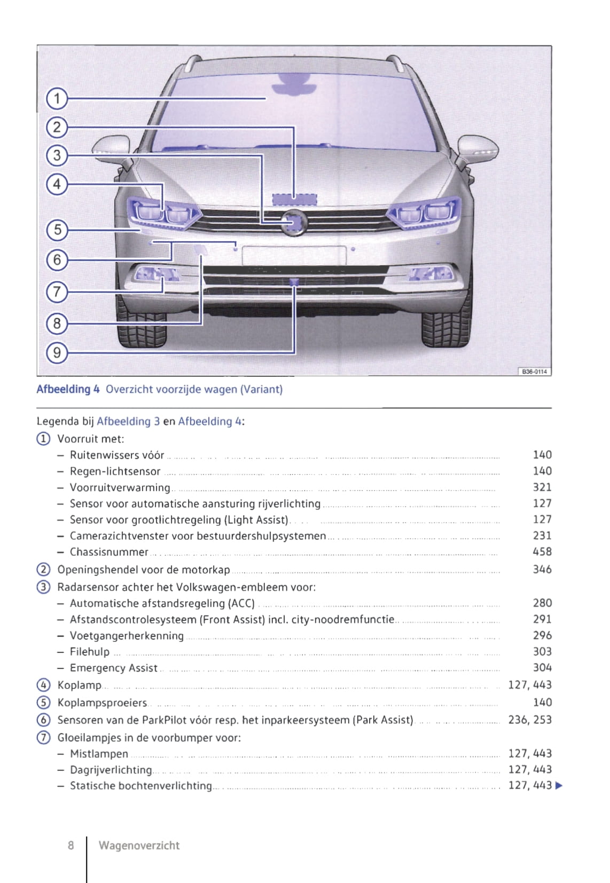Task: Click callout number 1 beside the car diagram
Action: (57, 99)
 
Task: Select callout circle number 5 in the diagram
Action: (57, 230)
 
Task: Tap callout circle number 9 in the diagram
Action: (57, 352)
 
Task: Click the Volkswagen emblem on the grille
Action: (293, 222)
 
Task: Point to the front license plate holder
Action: (294, 255)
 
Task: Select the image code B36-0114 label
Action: (534, 372)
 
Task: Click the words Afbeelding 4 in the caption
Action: (68, 389)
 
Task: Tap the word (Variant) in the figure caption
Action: (261, 389)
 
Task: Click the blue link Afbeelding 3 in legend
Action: (128, 421)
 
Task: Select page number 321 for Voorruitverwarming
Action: (542, 487)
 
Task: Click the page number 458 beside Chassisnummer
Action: (542, 552)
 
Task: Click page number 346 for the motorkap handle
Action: (542, 570)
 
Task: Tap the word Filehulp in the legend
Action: (90, 652)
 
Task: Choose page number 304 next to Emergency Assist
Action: (542, 668)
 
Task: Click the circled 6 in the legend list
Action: (43, 720)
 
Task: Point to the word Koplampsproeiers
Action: (102, 703)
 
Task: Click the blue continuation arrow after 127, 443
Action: (559, 786)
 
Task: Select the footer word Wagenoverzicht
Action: (139, 846)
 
